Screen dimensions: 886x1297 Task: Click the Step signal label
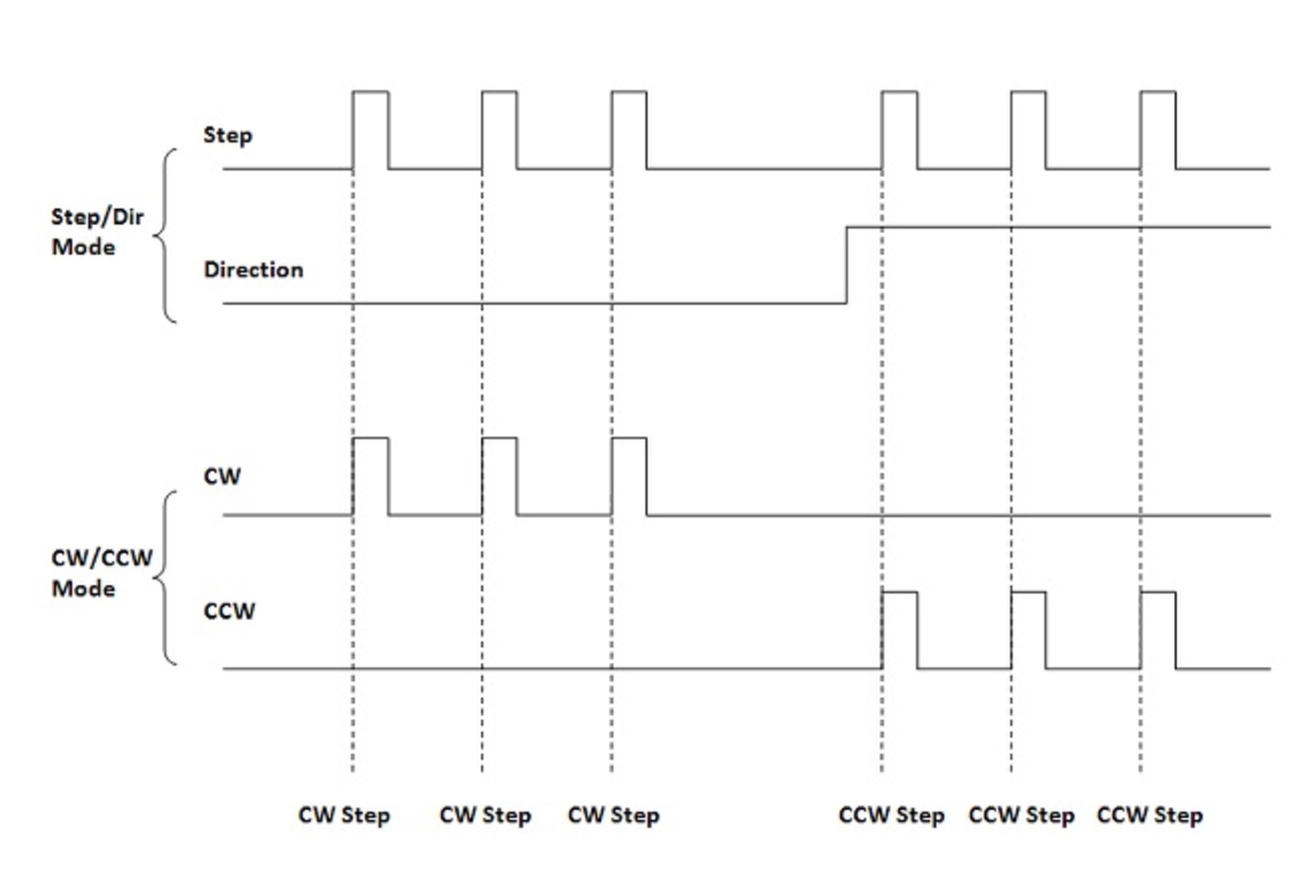click(x=227, y=135)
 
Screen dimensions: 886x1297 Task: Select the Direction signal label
click(x=253, y=270)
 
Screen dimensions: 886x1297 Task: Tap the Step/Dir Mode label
click(x=97, y=231)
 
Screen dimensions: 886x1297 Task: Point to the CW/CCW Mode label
click(x=101, y=573)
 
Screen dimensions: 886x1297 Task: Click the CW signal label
click(x=221, y=477)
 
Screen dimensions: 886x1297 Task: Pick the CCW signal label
click(x=229, y=611)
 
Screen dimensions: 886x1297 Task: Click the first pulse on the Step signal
click(x=370, y=130)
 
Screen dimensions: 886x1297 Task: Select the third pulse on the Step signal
click(x=628, y=130)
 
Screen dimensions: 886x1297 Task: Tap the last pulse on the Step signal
click(x=1158, y=130)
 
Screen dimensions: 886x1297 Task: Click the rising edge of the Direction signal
click(x=847, y=265)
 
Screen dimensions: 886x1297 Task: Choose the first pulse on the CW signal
click(x=370, y=477)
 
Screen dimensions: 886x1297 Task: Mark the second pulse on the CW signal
click(x=499, y=477)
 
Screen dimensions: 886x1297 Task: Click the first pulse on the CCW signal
click(x=899, y=629)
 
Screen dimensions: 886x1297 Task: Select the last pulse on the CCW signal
click(x=1158, y=629)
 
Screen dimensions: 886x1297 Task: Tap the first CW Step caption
click(x=344, y=815)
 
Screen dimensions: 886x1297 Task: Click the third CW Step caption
click(x=614, y=815)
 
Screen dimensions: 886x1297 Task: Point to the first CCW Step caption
click(x=891, y=815)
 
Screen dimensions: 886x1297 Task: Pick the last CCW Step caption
click(x=1149, y=815)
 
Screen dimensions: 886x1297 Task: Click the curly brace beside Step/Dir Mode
click(x=166, y=236)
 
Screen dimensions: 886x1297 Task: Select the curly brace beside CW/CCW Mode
click(x=166, y=578)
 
